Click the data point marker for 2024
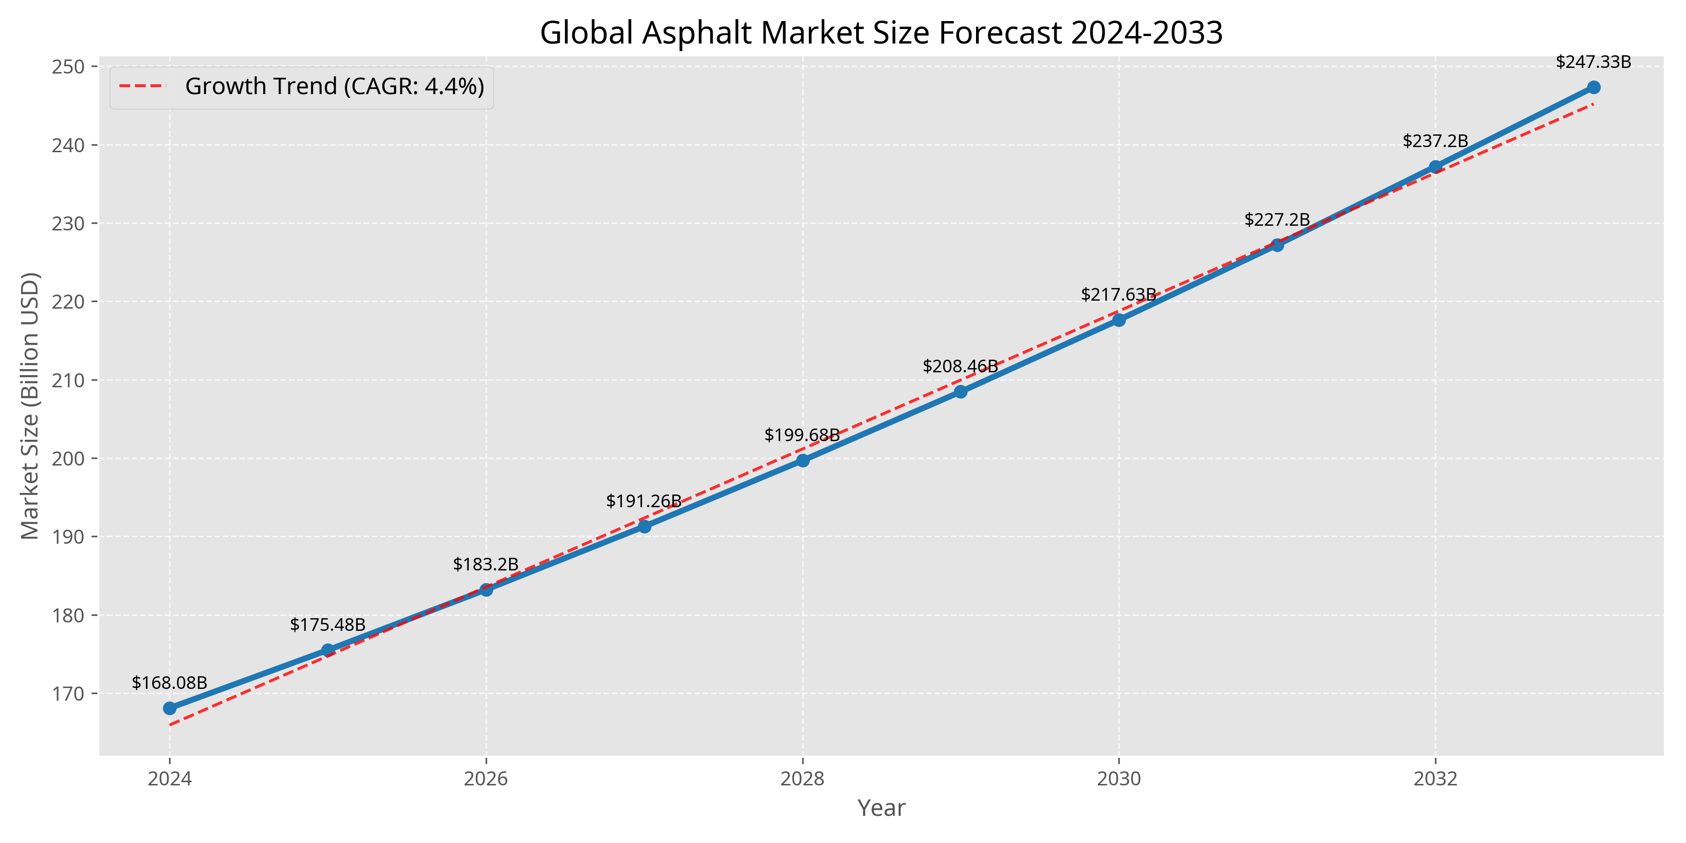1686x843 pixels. [x=170, y=708]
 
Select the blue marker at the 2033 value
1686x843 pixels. [x=1594, y=87]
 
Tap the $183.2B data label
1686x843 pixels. [x=486, y=564]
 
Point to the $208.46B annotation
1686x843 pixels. [x=960, y=366]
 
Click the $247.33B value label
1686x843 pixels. [x=1594, y=62]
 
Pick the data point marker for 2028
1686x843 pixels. [x=802, y=460]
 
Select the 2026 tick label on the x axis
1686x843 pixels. [x=486, y=779]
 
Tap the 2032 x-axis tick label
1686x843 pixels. [x=1435, y=779]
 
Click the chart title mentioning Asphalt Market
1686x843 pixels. [x=881, y=33]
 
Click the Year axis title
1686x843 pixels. [x=881, y=808]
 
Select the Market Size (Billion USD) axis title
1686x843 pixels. [x=30, y=406]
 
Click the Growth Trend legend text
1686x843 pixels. [x=334, y=86]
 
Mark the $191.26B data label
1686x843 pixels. [x=644, y=501]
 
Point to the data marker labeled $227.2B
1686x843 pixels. [x=1277, y=245]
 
